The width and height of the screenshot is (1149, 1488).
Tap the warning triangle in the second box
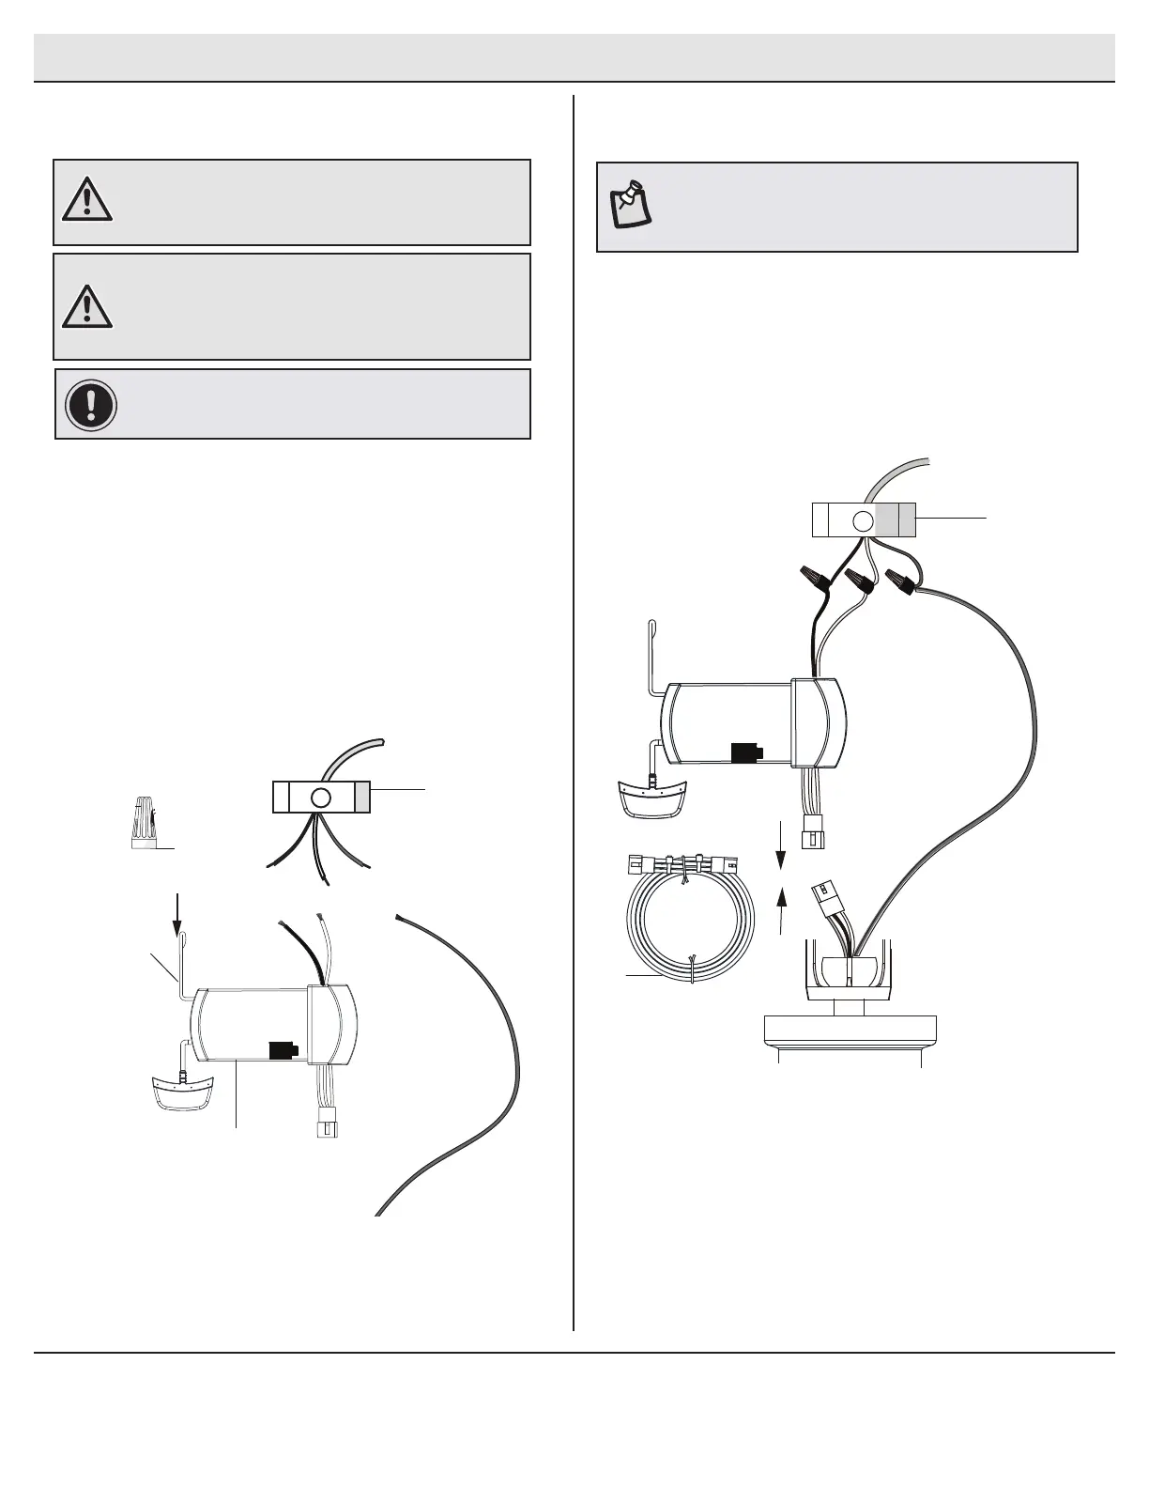pos(87,306)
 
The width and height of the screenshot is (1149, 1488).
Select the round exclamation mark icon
pos(90,405)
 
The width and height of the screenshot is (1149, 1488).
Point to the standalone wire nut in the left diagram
pos(143,823)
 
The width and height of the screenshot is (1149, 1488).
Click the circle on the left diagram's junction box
pos(320,798)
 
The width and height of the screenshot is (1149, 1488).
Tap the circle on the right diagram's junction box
pos(862,520)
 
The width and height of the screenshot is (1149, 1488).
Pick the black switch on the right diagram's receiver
pos(746,752)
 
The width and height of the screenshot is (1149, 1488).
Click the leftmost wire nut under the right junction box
pos(812,577)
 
